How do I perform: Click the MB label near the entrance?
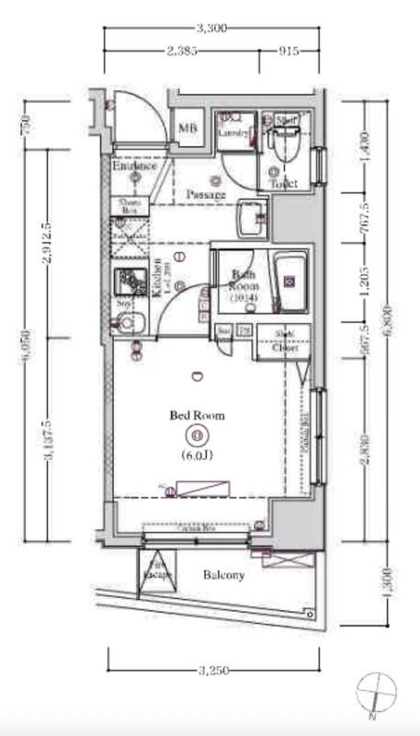coord(188,129)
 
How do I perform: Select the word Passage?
coord(206,195)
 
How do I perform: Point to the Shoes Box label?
coord(128,207)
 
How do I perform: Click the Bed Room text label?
coord(196,416)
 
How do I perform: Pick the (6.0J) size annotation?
coord(196,454)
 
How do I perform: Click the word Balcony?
coord(223,576)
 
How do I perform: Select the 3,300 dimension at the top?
coord(211,29)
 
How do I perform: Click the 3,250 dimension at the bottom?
coord(211,669)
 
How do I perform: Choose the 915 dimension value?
coord(289,52)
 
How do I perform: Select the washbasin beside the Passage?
coord(251,219)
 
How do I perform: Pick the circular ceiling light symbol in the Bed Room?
coord(196,435)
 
